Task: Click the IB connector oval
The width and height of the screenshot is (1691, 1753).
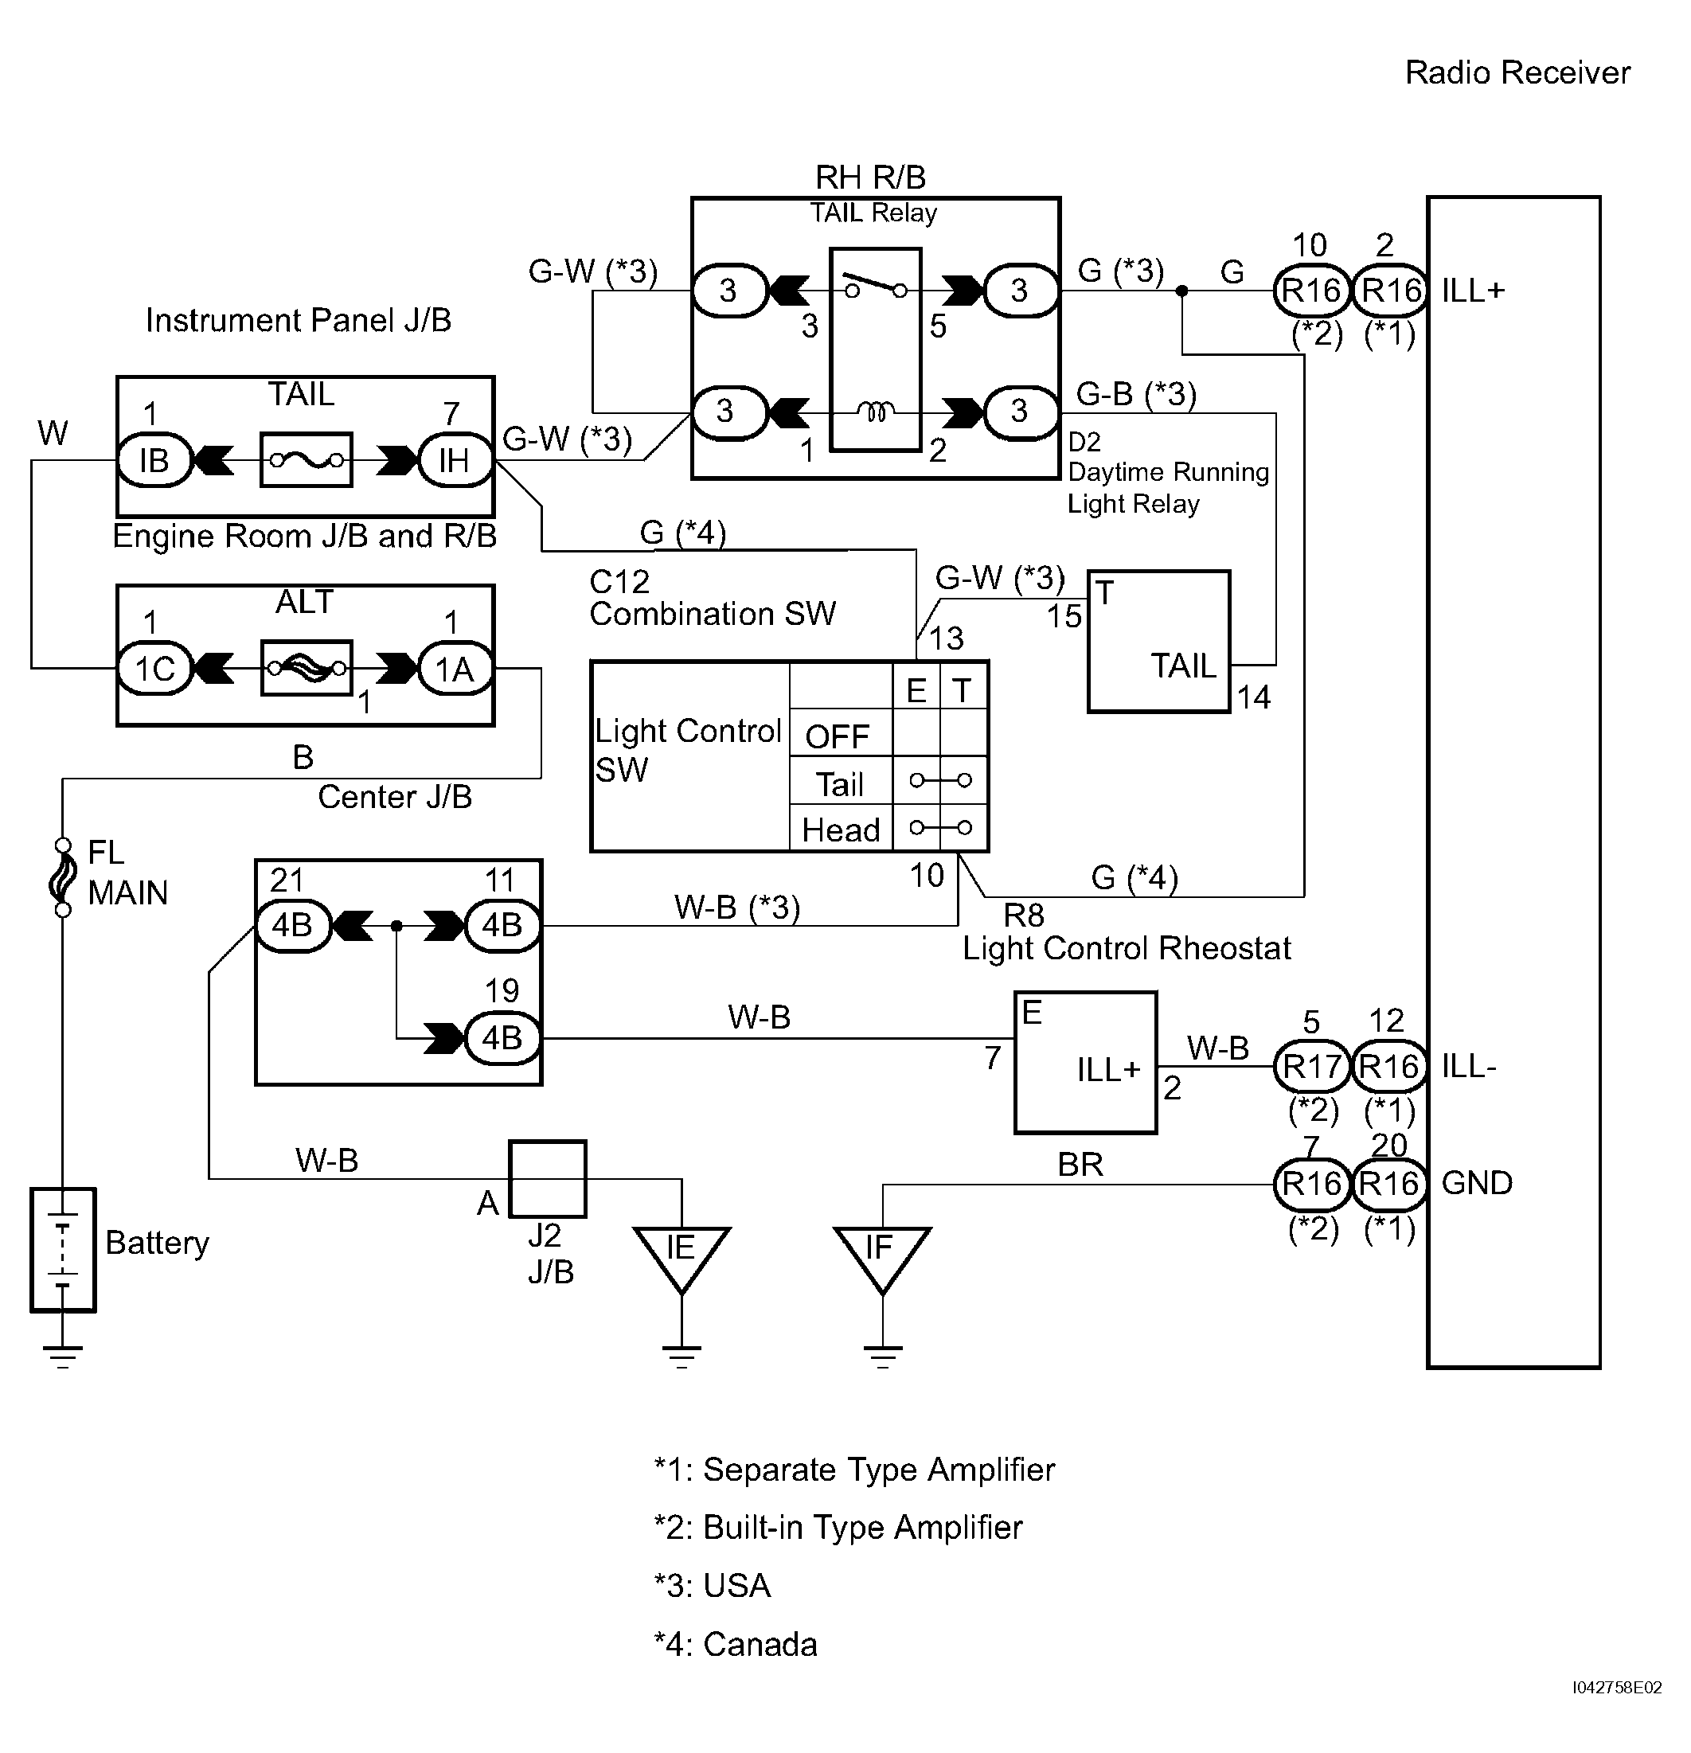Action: click(154, 461)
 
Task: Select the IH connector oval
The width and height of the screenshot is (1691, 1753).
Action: click(455, 461)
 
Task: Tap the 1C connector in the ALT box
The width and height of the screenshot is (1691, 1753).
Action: click(154, 669)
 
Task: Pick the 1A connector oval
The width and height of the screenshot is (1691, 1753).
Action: click(455, 669)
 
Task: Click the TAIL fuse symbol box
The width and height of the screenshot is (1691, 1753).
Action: click(306, 459)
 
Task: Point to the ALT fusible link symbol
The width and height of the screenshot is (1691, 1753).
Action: click(306, 667)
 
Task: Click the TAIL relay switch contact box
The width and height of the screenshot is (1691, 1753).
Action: click(876, 349)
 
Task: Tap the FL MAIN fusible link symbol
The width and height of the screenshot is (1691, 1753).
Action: click(63, 877)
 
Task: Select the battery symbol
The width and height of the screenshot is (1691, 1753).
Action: click(63, 1249)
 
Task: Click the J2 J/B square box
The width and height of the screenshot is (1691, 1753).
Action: click(547, 1179)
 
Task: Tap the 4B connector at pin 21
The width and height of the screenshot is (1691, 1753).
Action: click(293, 925)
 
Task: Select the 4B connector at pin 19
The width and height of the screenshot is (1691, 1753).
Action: click(502, 1038)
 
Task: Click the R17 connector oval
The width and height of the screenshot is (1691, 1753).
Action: click(1312, 1066)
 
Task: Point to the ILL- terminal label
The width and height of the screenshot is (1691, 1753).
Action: click(1469, 1066)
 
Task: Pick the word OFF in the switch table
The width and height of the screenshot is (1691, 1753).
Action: click(837, 737)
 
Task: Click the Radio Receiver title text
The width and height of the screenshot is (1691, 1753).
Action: click(1517, 72)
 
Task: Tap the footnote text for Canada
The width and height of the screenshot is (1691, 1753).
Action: click(735, 1645)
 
